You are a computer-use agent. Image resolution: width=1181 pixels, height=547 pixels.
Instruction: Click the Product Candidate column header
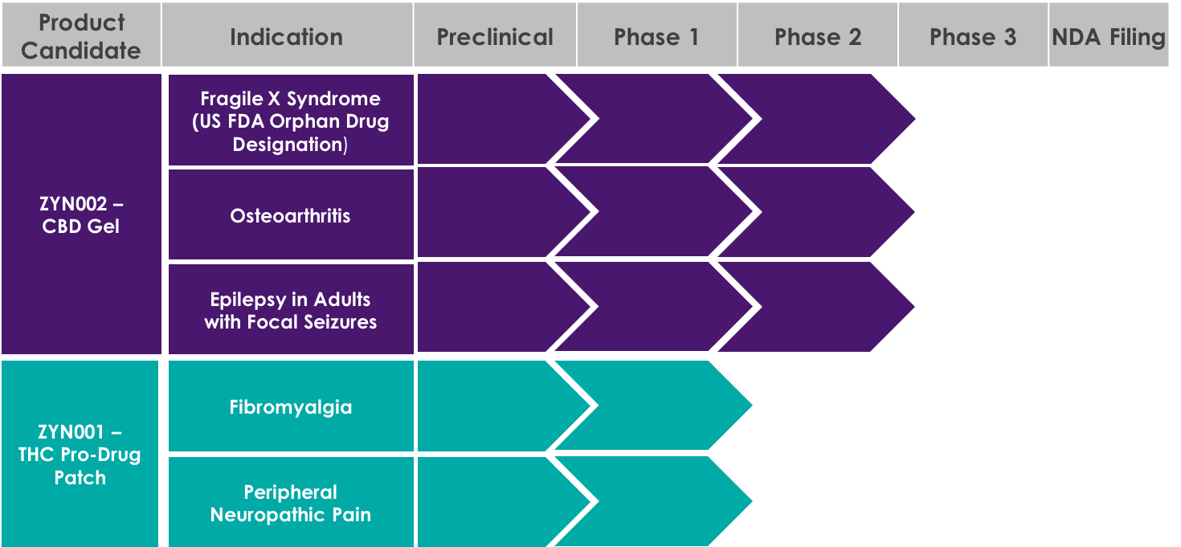pos(82,35)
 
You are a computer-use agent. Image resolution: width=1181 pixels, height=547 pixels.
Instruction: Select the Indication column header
pos(288,35)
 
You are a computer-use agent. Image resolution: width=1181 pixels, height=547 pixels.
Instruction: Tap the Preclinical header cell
pos(495,35)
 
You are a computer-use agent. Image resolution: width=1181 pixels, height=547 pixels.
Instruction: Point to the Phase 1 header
pos(657,35)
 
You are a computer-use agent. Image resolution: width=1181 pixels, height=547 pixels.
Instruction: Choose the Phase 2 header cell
pos(818,35)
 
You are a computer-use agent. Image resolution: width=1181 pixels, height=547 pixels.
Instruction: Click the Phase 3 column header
pos(973,35)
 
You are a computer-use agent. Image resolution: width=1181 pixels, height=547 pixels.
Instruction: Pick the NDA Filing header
pos(1109,35)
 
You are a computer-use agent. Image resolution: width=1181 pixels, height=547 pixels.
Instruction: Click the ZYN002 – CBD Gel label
pos(81,214)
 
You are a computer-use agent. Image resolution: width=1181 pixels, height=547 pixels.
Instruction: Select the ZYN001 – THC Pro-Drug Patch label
pos(80,454)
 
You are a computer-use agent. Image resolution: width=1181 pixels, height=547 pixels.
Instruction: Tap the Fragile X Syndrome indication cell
pos(291,120)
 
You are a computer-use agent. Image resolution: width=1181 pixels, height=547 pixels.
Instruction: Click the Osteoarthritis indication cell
pos(291,214)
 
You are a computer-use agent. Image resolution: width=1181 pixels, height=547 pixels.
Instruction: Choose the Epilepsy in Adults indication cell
pos(291,309)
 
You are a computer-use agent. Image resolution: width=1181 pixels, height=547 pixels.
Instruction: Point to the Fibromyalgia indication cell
pos(291,406)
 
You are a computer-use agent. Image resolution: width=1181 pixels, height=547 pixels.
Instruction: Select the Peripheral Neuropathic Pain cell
pos(291,502)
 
